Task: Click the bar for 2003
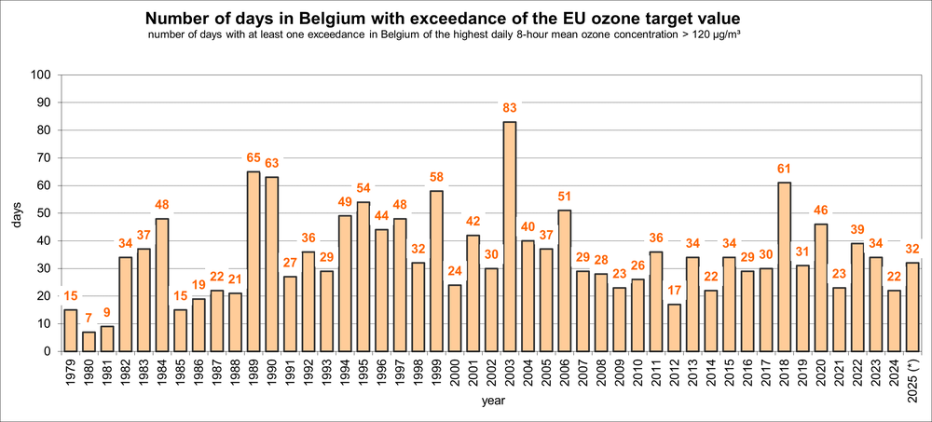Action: [509, 237]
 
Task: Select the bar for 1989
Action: [254, 262]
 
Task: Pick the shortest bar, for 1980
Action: [89, 342]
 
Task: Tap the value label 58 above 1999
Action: [436, 180]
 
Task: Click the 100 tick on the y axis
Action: [44, 75]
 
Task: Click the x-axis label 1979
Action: [71, 375]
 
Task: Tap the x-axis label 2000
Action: [454, 375]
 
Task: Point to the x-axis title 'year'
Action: [493, 402]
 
